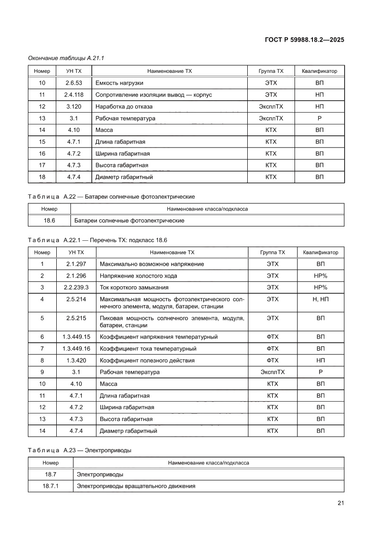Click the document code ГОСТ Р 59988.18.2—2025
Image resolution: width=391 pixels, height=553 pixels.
304,40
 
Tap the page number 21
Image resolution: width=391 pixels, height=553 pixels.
340,503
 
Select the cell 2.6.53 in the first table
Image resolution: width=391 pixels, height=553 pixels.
74,83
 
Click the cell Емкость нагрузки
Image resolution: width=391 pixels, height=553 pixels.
119,83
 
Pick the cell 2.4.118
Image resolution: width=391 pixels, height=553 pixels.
74,95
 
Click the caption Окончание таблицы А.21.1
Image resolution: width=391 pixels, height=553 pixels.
66,58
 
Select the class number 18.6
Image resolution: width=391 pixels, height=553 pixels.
49,220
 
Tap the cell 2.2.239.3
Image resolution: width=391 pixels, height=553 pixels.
76,287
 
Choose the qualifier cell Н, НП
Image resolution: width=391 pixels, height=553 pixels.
321,299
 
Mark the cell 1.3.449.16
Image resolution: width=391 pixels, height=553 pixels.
76,349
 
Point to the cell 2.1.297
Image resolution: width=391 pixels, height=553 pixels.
76,264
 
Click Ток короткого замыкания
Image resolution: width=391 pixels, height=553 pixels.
134,287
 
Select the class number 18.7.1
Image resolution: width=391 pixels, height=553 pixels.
50,486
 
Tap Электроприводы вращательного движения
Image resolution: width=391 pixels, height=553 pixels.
136,486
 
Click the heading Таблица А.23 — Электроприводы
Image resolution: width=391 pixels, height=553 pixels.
79,450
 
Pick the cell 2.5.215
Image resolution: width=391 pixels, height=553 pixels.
76,318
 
